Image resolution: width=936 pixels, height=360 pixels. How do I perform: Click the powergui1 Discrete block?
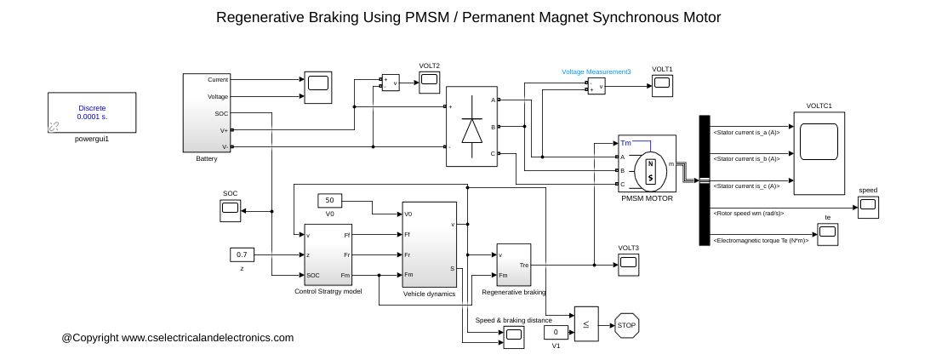(91, 113)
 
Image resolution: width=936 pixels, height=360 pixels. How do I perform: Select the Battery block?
(207, 112)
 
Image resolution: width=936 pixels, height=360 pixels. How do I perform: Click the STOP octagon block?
(626, 325)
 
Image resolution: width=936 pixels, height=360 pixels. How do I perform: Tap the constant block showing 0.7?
(242, 254)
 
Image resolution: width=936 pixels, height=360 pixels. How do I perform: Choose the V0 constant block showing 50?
(329, 201)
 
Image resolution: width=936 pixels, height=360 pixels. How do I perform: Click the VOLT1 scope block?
(662, 82)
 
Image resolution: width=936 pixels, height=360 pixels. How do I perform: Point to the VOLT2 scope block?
(429, 81)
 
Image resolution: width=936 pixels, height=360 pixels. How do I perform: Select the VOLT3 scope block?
(629, 263)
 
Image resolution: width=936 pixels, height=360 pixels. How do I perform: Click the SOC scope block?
(231, 211)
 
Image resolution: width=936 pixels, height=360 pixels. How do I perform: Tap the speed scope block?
(867, 205)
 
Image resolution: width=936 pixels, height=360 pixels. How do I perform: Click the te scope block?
(826, 231)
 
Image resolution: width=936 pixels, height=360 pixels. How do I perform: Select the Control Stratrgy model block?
(328, 254)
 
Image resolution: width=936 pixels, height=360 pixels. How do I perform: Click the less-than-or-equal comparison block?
(585, 323)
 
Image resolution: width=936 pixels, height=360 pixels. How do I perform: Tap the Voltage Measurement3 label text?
(596, 72)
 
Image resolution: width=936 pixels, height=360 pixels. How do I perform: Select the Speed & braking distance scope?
(513, 337)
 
